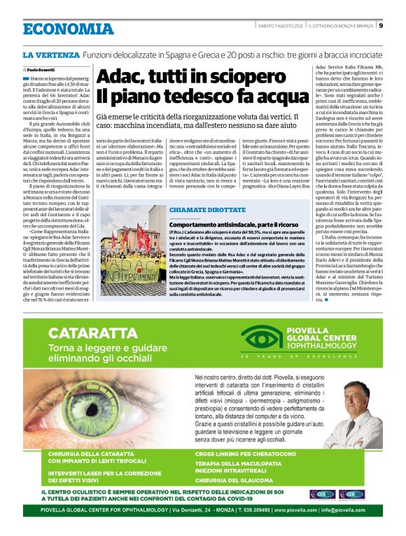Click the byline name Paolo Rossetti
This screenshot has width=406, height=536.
[39, 71]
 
